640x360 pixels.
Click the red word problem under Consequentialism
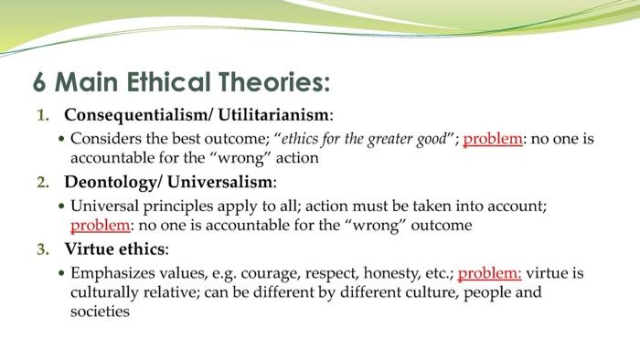[x=494, y=139]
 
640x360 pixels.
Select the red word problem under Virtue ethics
[x=489, y=272]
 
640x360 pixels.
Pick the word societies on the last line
[x=100, y=312]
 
